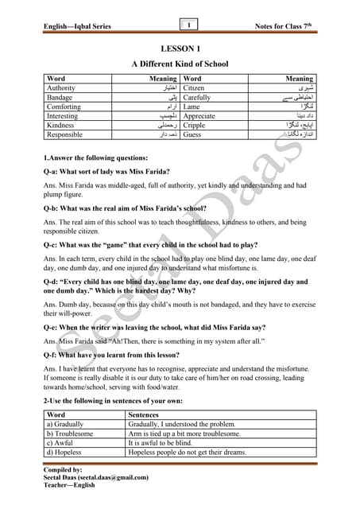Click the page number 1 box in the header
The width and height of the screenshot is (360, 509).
188,25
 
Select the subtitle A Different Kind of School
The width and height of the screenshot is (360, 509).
180,63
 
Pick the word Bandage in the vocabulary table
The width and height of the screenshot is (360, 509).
60,98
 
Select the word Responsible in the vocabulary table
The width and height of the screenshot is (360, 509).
66,135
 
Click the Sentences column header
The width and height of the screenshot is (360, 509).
144,415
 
